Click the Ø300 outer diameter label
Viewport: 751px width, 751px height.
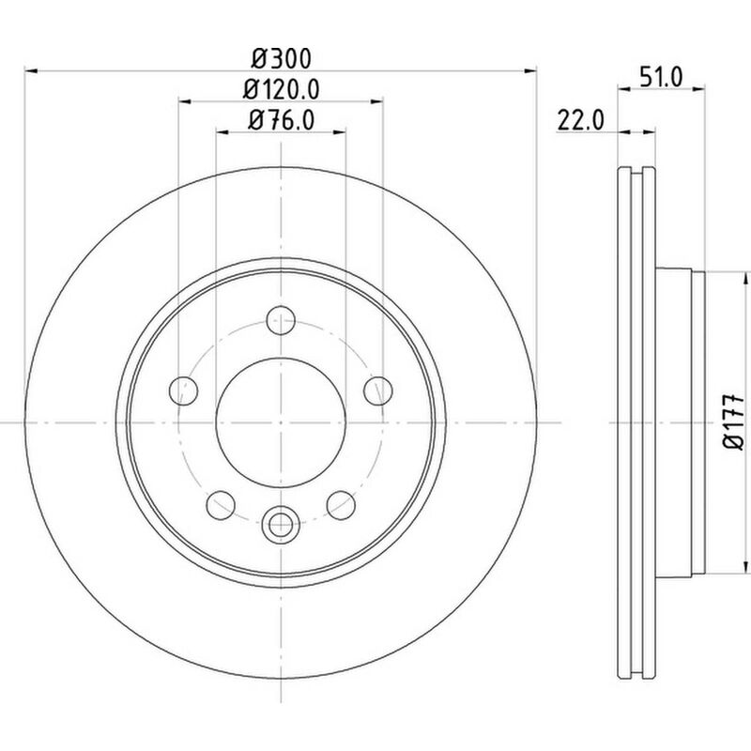(x=281, y=58)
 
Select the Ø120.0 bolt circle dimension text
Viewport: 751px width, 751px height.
(x=281, y=89)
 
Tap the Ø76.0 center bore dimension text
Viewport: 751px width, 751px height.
(x=281, y=120)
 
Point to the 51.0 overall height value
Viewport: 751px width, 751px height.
(x=661, y=79)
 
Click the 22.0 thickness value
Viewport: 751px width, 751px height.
(x=579, y=120)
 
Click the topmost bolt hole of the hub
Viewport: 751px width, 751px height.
(x=280, y=321)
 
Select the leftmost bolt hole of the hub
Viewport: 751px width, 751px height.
(x=183, y=391)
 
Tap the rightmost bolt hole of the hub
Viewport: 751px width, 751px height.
(x=377, y=391)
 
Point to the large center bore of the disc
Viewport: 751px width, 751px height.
(x=280, y=423)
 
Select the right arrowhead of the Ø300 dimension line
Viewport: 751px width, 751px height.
(x=531, y=69)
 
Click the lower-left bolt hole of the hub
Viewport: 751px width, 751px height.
(x=220, y=505)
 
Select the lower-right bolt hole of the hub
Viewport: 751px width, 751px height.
(x=340, y=505)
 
